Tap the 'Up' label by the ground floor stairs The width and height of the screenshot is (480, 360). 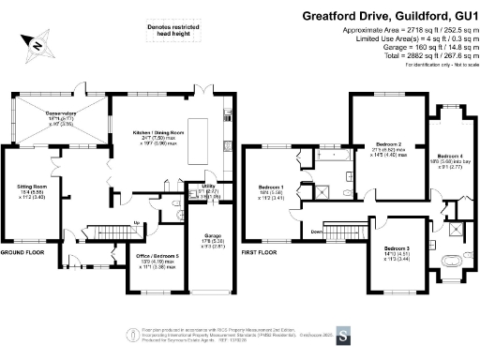pyautogui.click(x=140, y=222)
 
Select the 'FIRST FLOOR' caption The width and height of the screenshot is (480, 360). pyautogui.click(x=261, y=253)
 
